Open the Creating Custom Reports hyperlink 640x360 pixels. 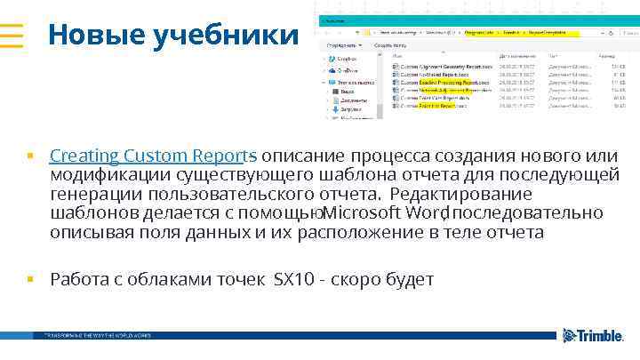click(x=150, y=156)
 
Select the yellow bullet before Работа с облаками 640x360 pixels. click(x=30, y=280)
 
